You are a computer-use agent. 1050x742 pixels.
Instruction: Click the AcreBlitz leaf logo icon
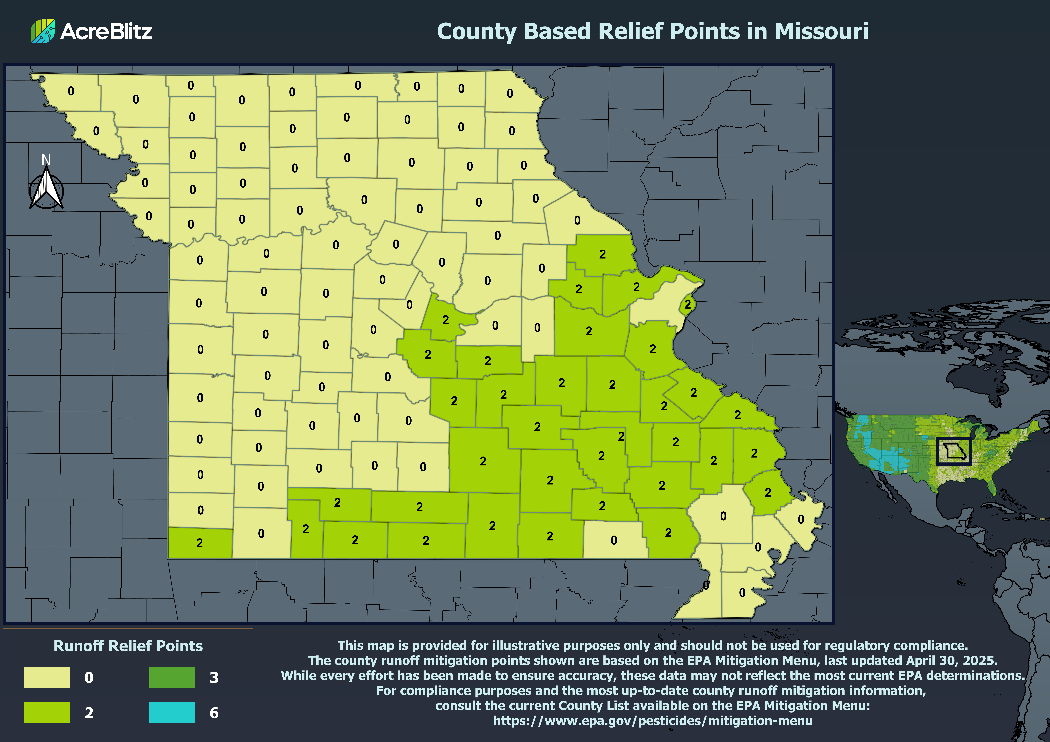[43, 31]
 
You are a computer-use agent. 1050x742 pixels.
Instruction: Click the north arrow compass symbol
[46, 190]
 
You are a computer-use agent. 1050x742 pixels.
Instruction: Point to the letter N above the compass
[46, 160]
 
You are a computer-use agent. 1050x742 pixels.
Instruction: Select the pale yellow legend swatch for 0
[47, 677]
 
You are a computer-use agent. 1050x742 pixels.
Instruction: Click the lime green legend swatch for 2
[47, 712]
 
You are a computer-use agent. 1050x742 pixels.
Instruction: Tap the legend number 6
[214, 713]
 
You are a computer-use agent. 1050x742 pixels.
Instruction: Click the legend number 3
[214, 677]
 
